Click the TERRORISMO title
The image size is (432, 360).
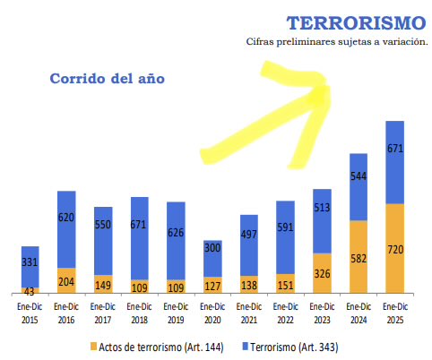(x=357, y=22)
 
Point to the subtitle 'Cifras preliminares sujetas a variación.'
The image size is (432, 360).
(x=337, y=42)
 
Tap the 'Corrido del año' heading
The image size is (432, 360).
(x=107, y=78)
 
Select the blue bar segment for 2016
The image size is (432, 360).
(x=67, y=228)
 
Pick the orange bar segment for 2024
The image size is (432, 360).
(x=359, y=254)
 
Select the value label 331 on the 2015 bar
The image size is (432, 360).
(x=30, y=261)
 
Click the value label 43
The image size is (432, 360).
(x=30, y=291)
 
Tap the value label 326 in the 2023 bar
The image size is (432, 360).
(x=322, y=272)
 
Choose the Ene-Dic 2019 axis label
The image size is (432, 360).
(x=177, y=310)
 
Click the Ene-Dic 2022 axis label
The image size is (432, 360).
(x=285, y=310)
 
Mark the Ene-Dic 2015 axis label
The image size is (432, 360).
(x=30, y=310)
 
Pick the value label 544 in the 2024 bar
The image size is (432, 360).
(x=359, y=176)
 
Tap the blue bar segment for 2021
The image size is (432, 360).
(x=249, y=244)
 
